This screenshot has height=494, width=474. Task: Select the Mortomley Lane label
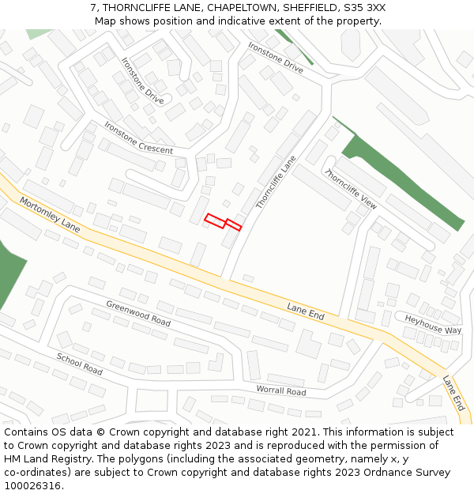coord(50,214)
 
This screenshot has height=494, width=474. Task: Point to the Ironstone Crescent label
coord(138,138)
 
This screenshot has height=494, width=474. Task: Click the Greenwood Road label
coord(138,313)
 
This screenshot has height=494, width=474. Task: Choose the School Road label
coord(79,364)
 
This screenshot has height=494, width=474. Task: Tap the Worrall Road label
coord(280,390)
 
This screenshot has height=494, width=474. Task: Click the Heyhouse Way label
coord(433,324)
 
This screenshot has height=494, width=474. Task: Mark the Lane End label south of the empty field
coord(306,311)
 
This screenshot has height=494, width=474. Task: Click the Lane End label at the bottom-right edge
coord(453,392)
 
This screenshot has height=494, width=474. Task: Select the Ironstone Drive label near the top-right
coord(276,58)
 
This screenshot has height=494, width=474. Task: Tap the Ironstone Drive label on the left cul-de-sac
coord(143,81)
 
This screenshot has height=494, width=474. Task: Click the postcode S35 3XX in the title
coord(365,7)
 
